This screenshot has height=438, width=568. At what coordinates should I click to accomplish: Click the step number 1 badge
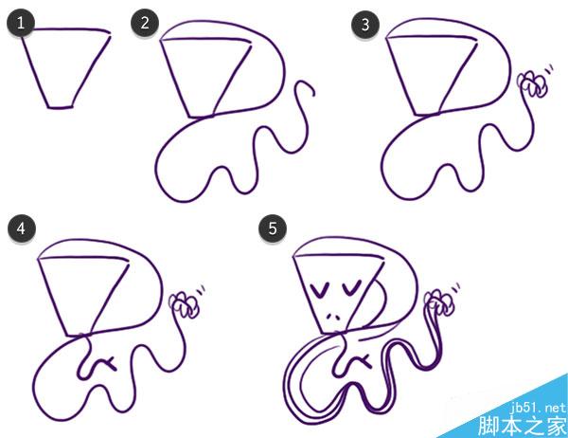(21, 23)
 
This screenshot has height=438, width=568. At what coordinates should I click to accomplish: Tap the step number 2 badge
(145, 23)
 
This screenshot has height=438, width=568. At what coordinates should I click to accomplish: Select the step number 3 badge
(365, 25)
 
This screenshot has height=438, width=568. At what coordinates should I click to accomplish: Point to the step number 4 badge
(22, 228)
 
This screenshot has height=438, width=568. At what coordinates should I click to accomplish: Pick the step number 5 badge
(273, 228)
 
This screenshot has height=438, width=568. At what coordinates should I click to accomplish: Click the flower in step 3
(532, 84)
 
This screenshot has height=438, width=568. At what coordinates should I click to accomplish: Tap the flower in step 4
(185, 305)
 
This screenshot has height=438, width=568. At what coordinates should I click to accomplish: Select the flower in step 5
(439, 301)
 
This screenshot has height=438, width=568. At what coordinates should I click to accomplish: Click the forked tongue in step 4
(108, 363)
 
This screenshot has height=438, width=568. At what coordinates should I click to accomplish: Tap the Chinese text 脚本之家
(522, 426)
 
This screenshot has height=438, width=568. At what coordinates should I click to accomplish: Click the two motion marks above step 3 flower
(549, 69)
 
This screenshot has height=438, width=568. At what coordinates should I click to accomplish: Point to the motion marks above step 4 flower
(201, 289)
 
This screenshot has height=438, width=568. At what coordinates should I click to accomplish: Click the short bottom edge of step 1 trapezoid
(61, 107)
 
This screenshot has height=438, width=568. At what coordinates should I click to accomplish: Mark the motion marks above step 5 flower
(455, 288)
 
